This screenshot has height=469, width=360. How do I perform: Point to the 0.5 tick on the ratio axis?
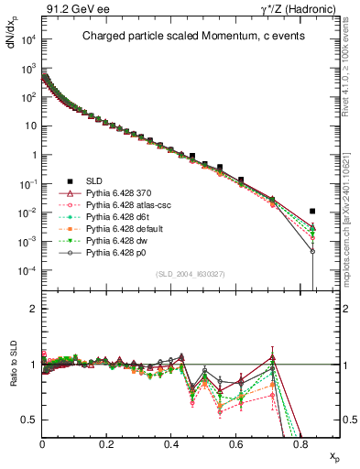pos(30,420)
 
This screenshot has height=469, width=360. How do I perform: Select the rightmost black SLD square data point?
pos(313,212)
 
